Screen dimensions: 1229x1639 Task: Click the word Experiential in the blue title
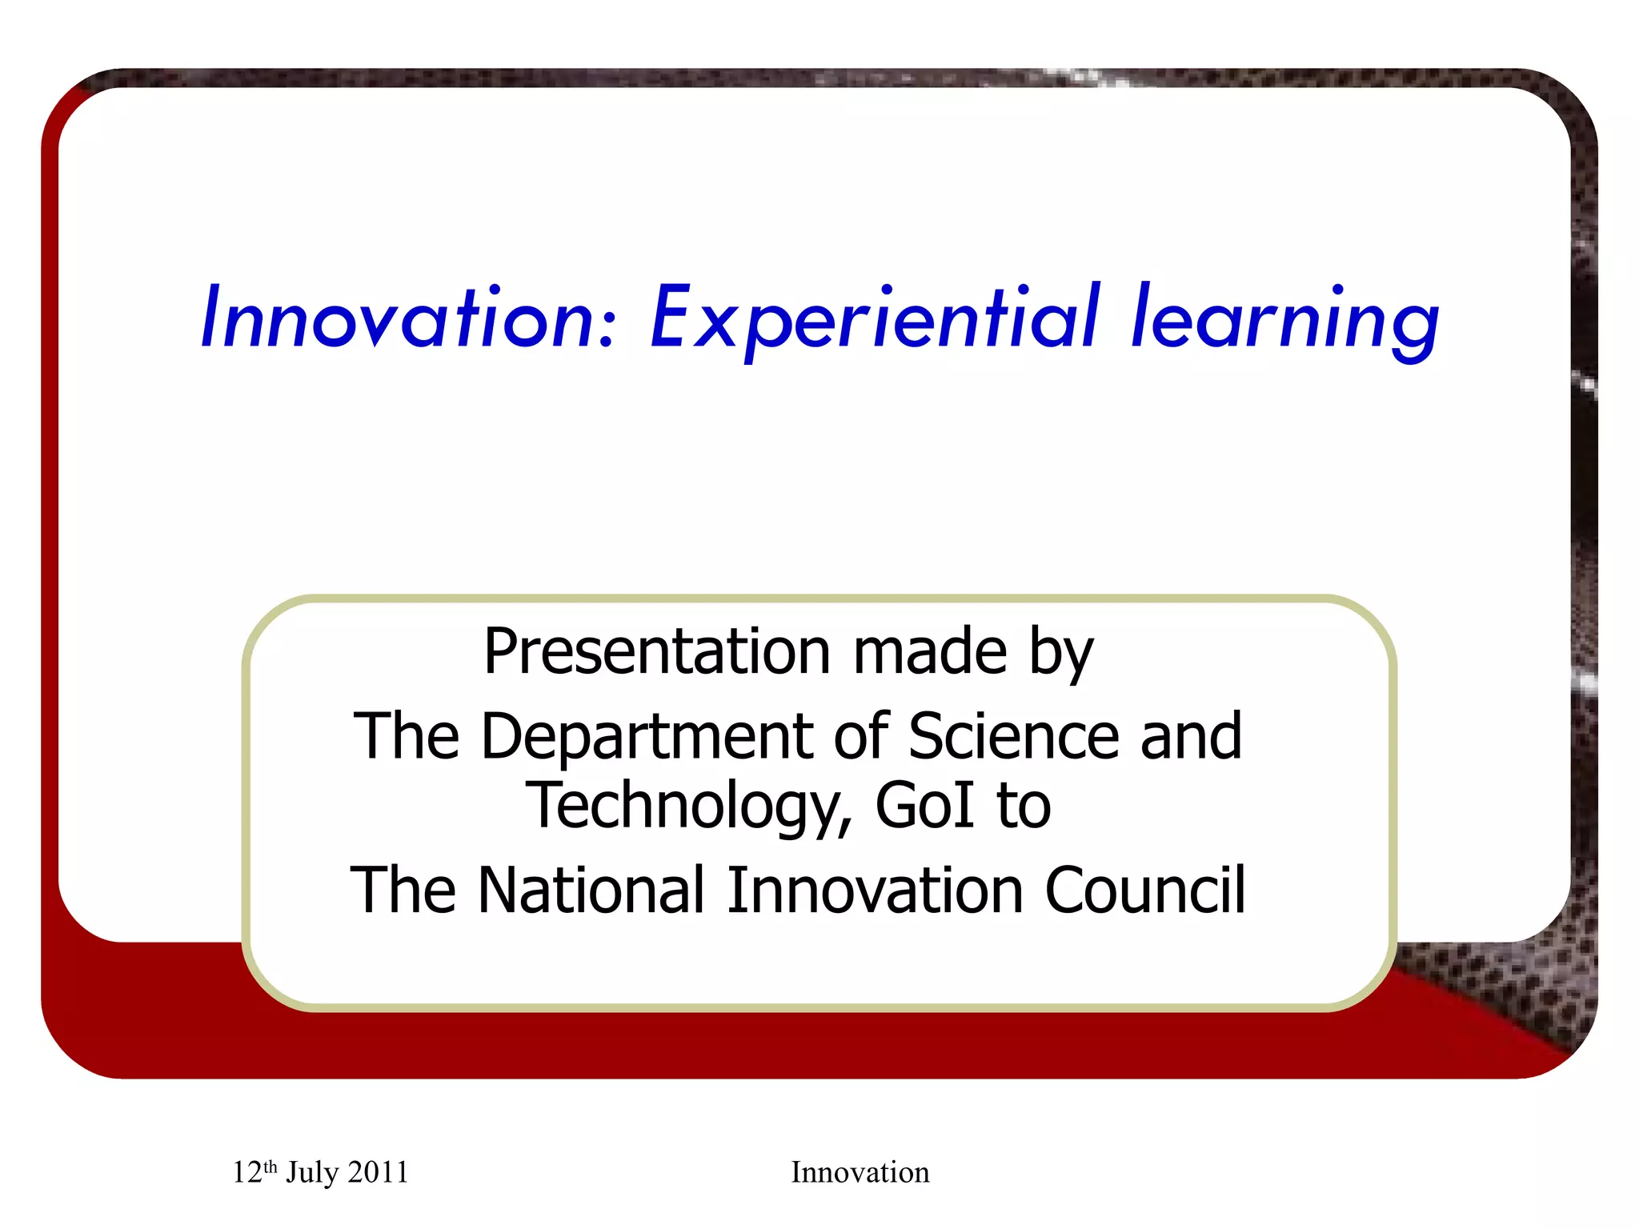click(876, 318)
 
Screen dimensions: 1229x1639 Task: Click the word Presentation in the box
click(657, 652)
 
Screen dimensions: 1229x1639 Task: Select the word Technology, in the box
click(689, 807)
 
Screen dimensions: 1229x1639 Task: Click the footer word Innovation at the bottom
click(860, 1173)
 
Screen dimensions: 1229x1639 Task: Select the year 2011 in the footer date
click(378, 1173)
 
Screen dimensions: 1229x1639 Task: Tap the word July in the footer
click(312, 1173)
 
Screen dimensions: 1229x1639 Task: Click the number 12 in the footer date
click(246, 1173)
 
